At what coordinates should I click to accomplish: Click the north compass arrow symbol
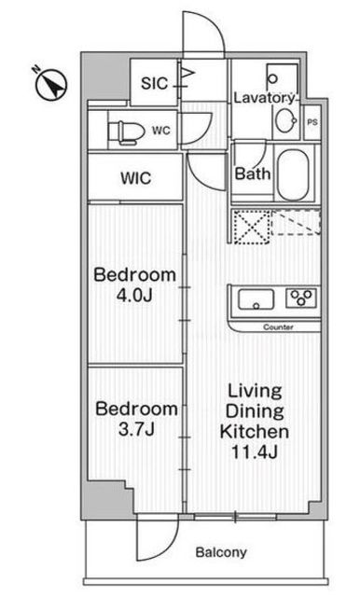click(51, 84)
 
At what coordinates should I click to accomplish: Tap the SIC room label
click(154, 83)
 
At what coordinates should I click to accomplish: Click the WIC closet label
click(136, 178)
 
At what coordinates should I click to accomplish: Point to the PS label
click(312, 122)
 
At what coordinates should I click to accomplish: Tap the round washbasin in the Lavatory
click(285, 120)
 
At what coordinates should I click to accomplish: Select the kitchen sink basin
click(256, 299)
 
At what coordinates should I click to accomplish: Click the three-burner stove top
click(301, 298)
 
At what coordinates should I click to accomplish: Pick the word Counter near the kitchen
click(278, 327)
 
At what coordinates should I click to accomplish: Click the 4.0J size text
click(134, 295)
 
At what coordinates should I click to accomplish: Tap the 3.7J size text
click(136, 429)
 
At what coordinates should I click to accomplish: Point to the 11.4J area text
click(255, 451)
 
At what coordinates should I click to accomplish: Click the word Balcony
click(221, 552)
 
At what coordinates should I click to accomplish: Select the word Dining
click(255, 411)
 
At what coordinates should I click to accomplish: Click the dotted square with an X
click(251, 228)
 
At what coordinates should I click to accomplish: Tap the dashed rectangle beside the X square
click(296, 223)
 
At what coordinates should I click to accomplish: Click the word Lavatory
click(264, 98)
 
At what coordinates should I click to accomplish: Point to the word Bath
click(253, 174)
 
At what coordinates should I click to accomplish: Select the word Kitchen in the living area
click(255, 431)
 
